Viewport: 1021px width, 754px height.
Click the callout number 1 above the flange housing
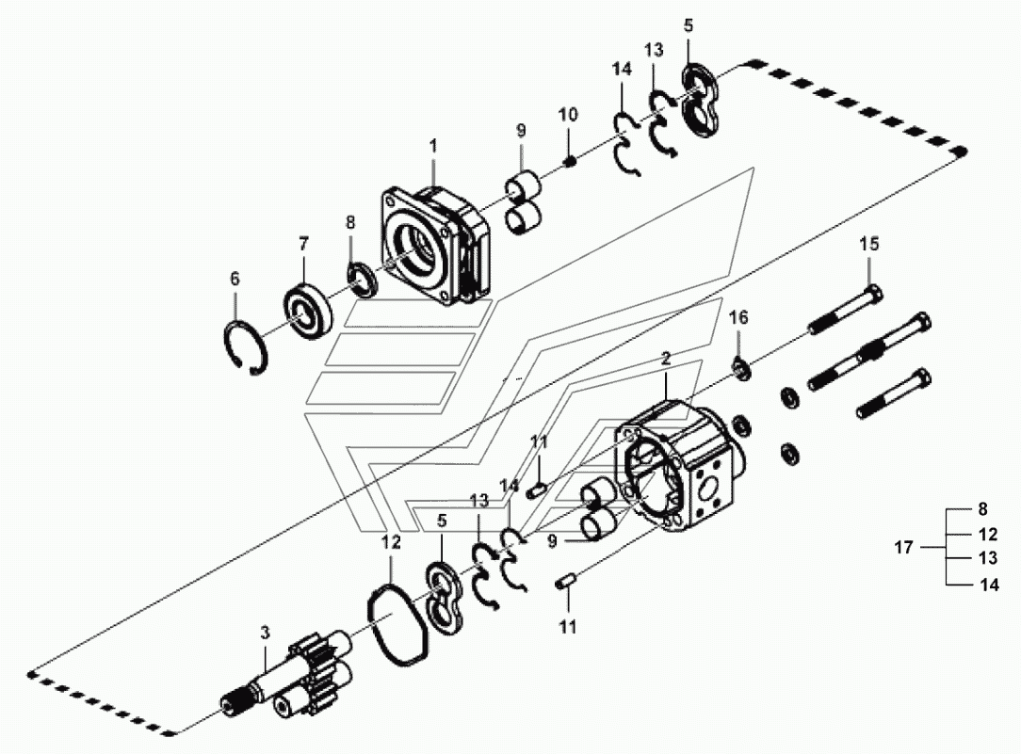pos(433,146)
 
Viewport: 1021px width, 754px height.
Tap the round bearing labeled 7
pos(308,311)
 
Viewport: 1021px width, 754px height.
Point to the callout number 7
pos(303,244)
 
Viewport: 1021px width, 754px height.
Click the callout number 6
pos(235,279)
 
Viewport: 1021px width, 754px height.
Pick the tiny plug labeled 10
pos(571,161)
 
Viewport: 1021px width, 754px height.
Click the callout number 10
pos(568,115)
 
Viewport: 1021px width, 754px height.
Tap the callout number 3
pos(265,633)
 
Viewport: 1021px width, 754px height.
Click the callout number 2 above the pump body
pos(666,358)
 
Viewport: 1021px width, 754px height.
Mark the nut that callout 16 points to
pos(742,369)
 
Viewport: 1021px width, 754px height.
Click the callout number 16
pos(738,317)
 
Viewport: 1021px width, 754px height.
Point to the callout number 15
pos(869,244)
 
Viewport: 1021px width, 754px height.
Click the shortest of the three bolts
pos(893,393)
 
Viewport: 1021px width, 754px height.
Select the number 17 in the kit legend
pos(904,548)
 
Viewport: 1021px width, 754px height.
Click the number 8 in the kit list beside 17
pos(983,508)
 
